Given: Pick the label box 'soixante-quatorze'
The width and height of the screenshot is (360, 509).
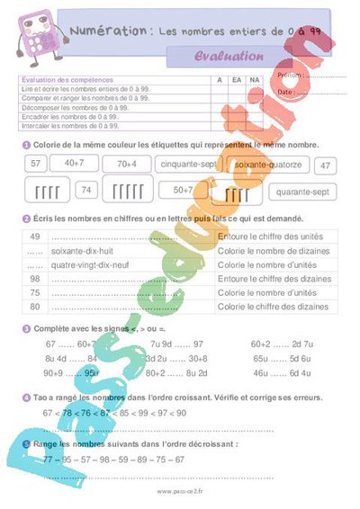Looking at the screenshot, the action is pos(267,165).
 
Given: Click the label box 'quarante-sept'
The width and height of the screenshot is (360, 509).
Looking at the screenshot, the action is pos(302,191).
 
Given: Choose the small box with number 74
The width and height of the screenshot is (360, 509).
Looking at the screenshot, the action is pos(86,190).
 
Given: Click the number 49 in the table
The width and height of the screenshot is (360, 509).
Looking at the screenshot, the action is pos(35,237).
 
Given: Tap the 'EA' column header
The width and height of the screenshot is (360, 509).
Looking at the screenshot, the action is pos(236,80).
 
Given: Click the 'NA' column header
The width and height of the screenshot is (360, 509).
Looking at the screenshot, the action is pos(255,80).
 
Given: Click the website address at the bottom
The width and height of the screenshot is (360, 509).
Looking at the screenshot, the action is pos(180,492).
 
